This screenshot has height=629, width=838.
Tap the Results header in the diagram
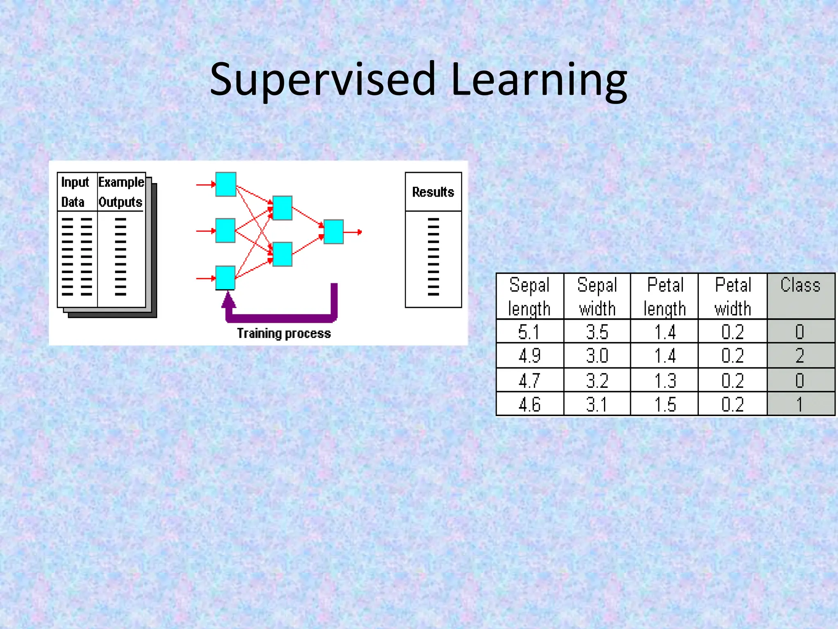pyautogui.click(x=433, y=192)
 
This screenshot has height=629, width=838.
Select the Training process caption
pyautogui.click(x=284, y=333)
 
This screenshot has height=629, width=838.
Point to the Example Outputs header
pyautogui.click(x=121, y=192)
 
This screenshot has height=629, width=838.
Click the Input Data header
pyautogui.click(x=75, y=192)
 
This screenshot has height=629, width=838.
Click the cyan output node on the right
pyautogui.click(x=333, y=232)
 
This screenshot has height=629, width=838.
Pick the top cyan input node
pyautogui.click(x=226, y=184)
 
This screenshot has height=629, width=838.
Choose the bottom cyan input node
pyautogui.click(x=225, y=278)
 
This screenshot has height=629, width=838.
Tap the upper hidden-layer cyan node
pyautogui.click(x=282, y=208)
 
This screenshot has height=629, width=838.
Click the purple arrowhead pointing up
pyautogui.click(x=229, y=301)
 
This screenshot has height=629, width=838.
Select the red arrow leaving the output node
pyautogui.click(x=353, y=232)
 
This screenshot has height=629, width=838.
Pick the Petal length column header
pyautogui.click(x=665, y=296)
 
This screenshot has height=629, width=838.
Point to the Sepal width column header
pyautogui.click(x=597, y=296)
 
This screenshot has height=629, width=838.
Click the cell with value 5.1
pyautogui.click(x=529, y=332)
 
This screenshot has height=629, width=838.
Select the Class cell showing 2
pyautogui.click(x=800, y=355)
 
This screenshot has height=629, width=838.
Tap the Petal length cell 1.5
pyautogui.click(x=665, y=405)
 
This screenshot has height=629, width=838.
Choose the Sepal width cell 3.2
pyautogui.click(x=597, y=380)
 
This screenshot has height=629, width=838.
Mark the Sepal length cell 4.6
pyautogui.click(x=529, y=405)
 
